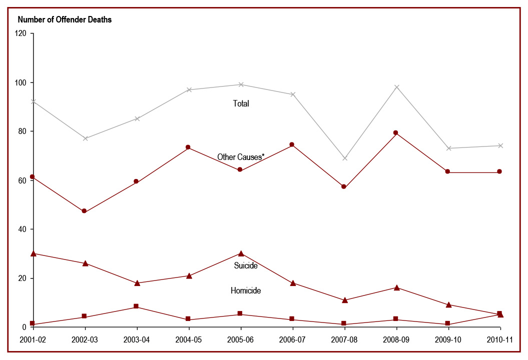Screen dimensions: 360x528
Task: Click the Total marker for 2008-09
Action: (396, 87)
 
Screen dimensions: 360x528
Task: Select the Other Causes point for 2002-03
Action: (84, 211)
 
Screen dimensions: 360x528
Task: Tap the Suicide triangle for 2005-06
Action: (241, 253)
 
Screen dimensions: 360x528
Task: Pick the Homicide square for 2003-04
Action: (137, 306)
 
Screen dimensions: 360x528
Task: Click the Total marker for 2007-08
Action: (344, 158)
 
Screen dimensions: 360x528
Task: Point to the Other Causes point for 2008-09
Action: (396, 132)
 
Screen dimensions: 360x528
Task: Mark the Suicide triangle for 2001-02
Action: (33, 253)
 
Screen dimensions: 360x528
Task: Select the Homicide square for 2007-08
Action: (344, 324)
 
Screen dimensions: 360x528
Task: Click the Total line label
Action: (241, 103)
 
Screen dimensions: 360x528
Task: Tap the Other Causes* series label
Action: (241, 157)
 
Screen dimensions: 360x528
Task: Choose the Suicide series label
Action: (246, 265)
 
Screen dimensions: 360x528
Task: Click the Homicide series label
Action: (246, 290)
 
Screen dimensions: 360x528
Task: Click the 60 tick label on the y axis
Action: (23, 180)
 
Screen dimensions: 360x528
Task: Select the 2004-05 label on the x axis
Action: (189, 340)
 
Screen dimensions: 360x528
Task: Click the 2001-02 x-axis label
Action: (33, 340)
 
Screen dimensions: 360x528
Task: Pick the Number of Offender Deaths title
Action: (65, 20)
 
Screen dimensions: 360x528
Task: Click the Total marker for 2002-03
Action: (85, 138)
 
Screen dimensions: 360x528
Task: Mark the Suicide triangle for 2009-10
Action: (448, 304)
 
